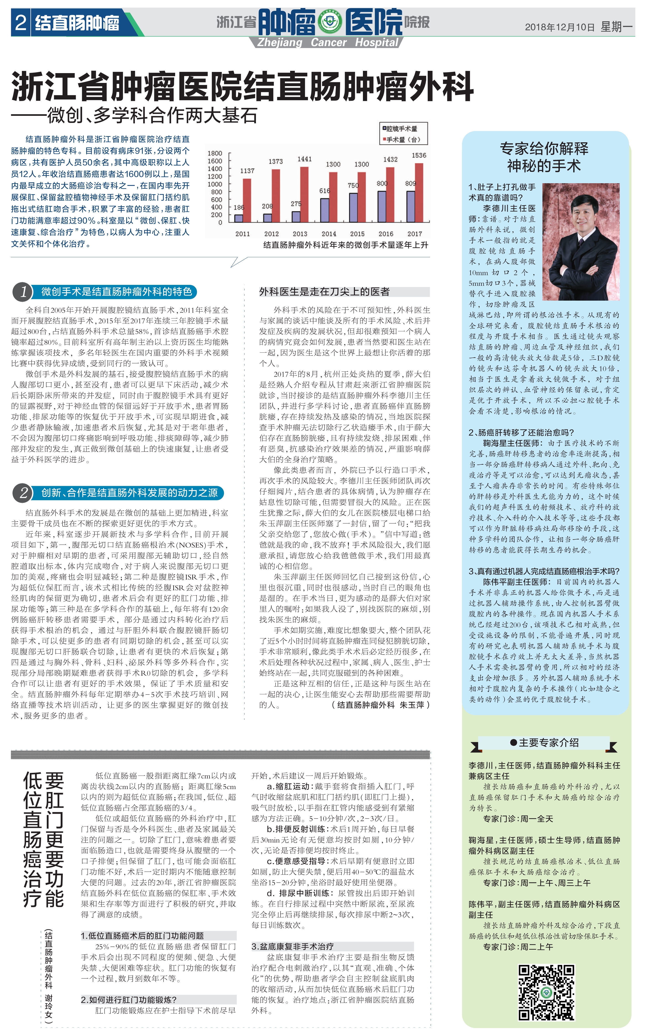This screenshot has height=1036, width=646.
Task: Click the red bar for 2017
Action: [419, 193]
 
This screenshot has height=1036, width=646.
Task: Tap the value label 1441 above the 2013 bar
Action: [305, 159]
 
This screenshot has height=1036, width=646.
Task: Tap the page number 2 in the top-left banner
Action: [20, 23]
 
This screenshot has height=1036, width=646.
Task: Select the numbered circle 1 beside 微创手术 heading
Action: [23, 292]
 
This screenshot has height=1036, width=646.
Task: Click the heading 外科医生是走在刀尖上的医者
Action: [325, 292]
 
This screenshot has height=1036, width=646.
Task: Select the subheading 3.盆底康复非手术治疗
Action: [293, 946]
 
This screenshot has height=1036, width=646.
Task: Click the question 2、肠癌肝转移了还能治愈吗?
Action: [521, 432]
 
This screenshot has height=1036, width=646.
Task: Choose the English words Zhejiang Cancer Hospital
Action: [328, 42]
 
